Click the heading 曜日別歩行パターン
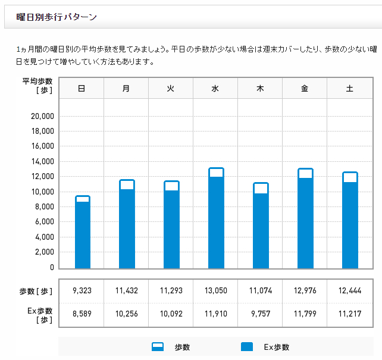[x=57, y=17]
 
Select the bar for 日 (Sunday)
[x=82, y=233]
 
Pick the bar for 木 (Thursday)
[x=261, y=226]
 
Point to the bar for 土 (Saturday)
[x=350, y=221]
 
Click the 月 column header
[x=126, y=88]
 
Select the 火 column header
[x=171, y=88]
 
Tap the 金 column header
[x=305, y=88]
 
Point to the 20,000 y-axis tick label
[x=42, y=116]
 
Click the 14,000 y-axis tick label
[x=42, y=161]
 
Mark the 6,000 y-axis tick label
[x=44, y=222]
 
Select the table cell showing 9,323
[x=82, y=291]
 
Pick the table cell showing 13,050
[x=215, y=291]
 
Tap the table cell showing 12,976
[x=305, y=291]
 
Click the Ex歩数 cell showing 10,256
[x=126, y=315]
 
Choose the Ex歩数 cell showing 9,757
[x=260, y=315]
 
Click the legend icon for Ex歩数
[x=247, y=347]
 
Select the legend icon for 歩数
[x=158, y=347]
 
